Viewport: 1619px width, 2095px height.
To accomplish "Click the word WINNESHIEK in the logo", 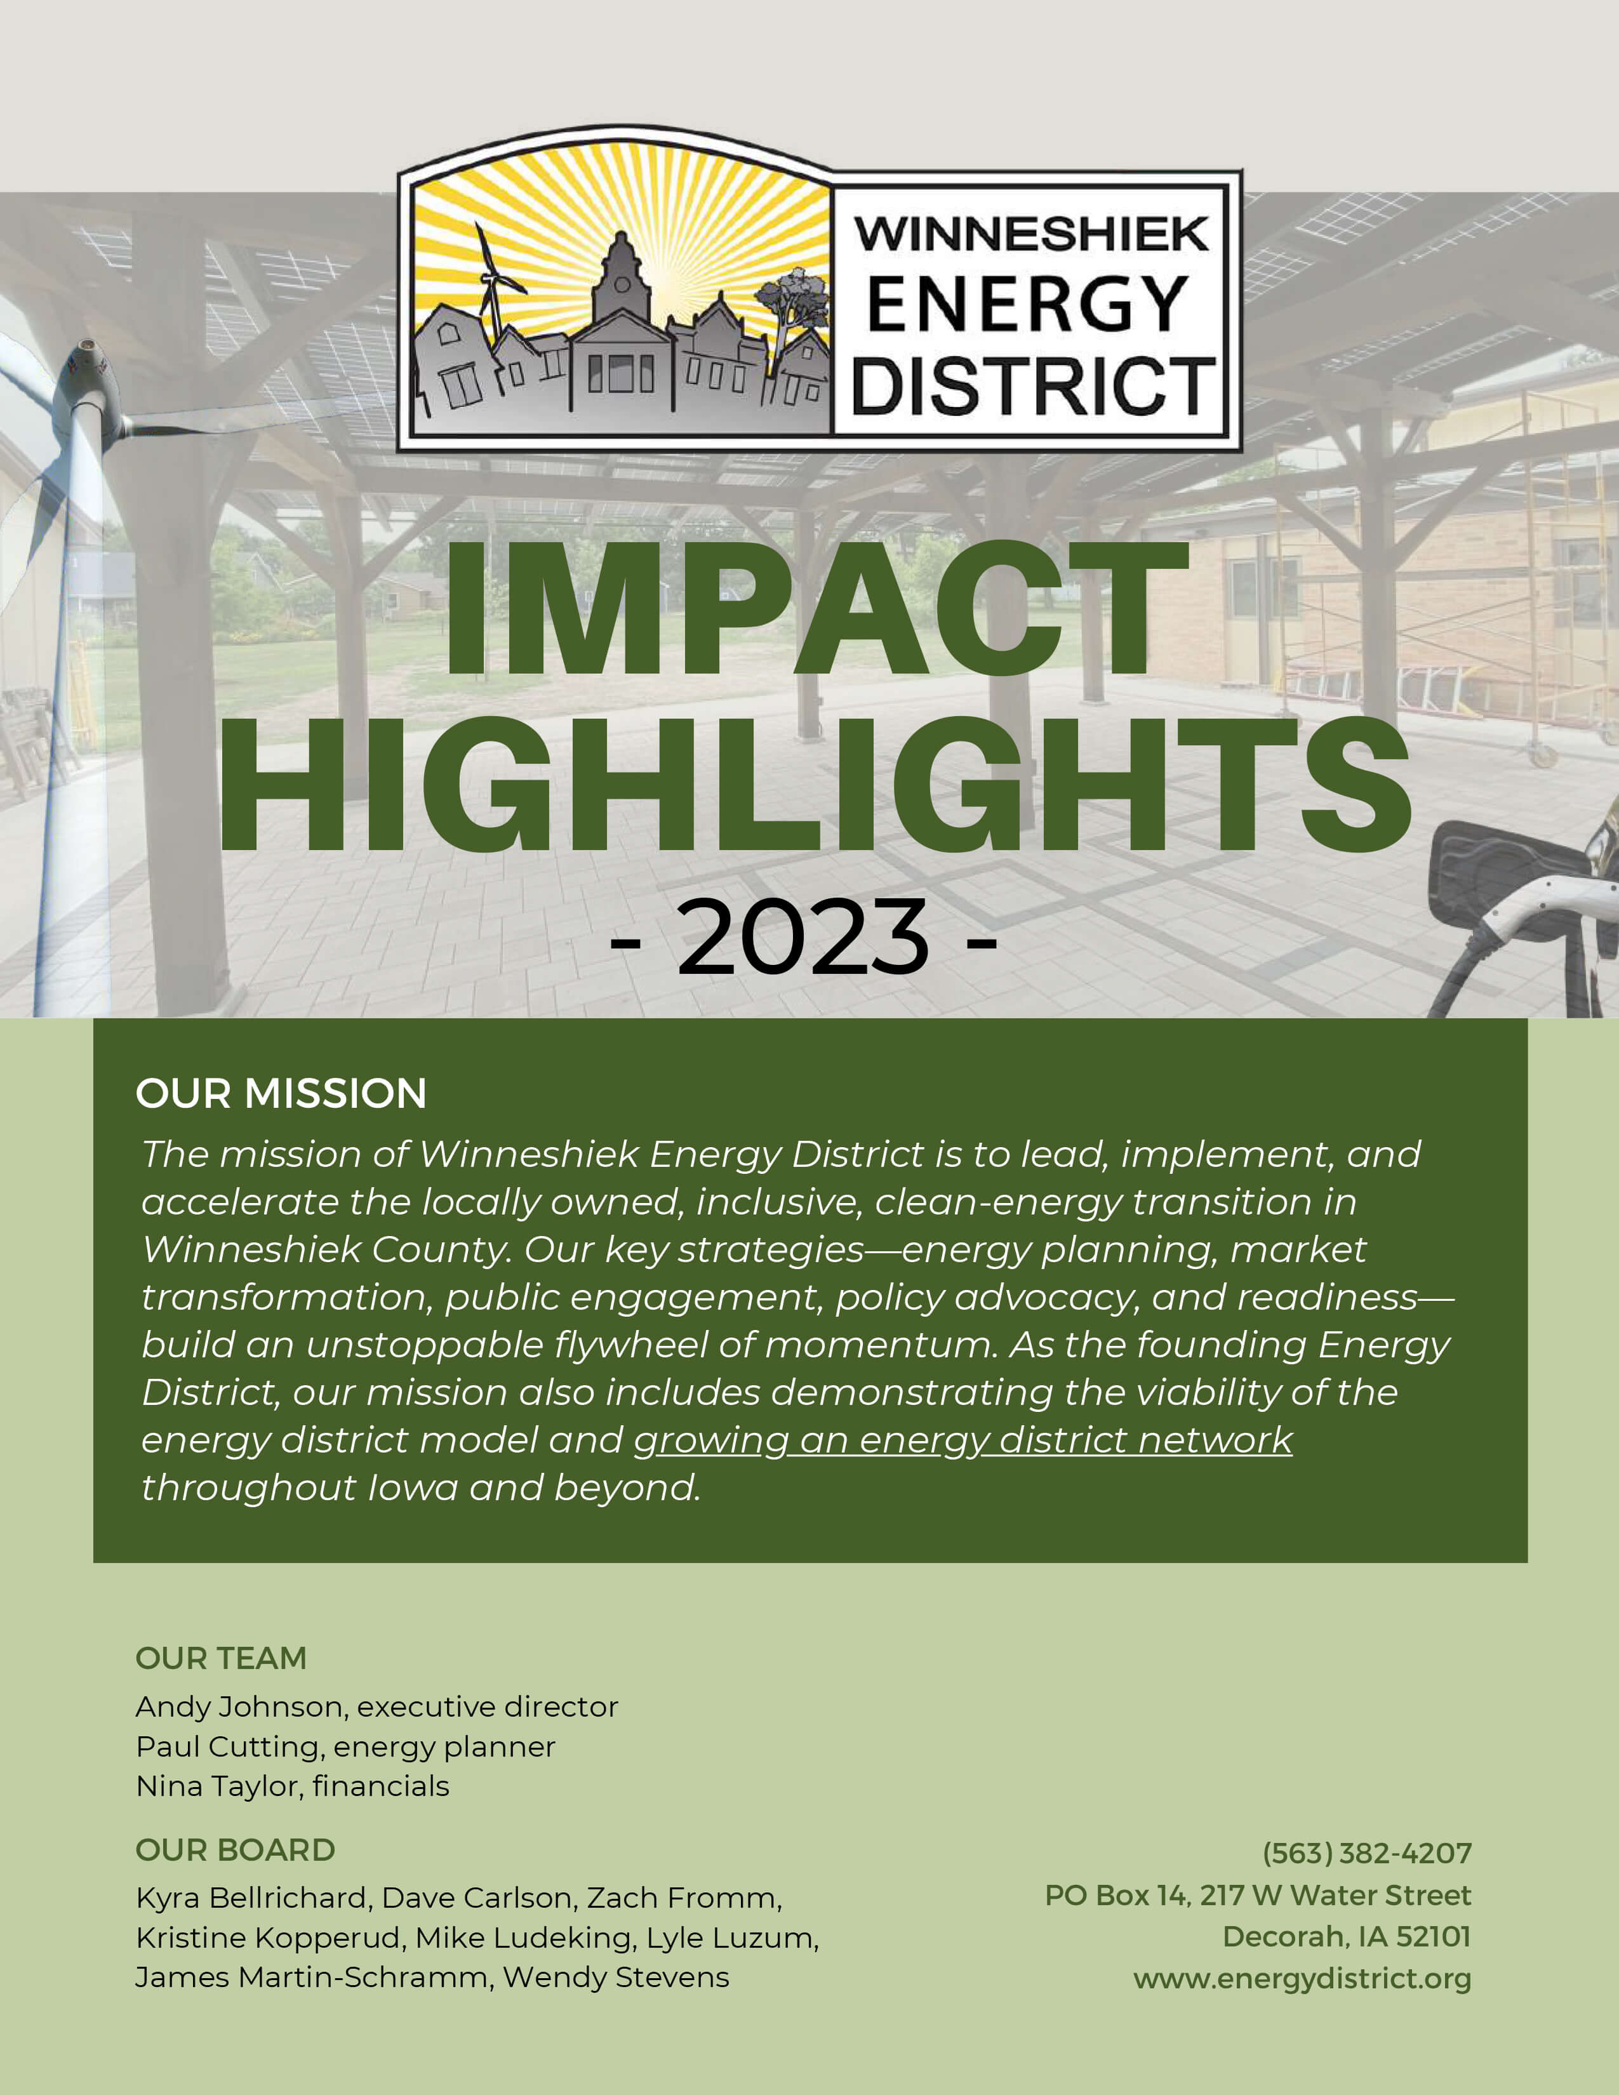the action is point(1031,234).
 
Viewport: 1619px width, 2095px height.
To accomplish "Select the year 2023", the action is point(802,937).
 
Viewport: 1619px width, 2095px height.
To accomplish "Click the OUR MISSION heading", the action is point(281,1094).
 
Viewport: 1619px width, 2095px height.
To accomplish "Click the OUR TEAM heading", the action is point(220,1658).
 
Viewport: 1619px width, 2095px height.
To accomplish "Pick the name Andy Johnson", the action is point(240,1706).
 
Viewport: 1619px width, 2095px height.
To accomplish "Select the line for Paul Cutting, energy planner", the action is point(345,1747).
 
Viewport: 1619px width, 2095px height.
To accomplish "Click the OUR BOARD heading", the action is point(235,1851).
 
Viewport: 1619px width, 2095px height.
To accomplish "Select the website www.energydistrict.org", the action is point(1302,1979).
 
